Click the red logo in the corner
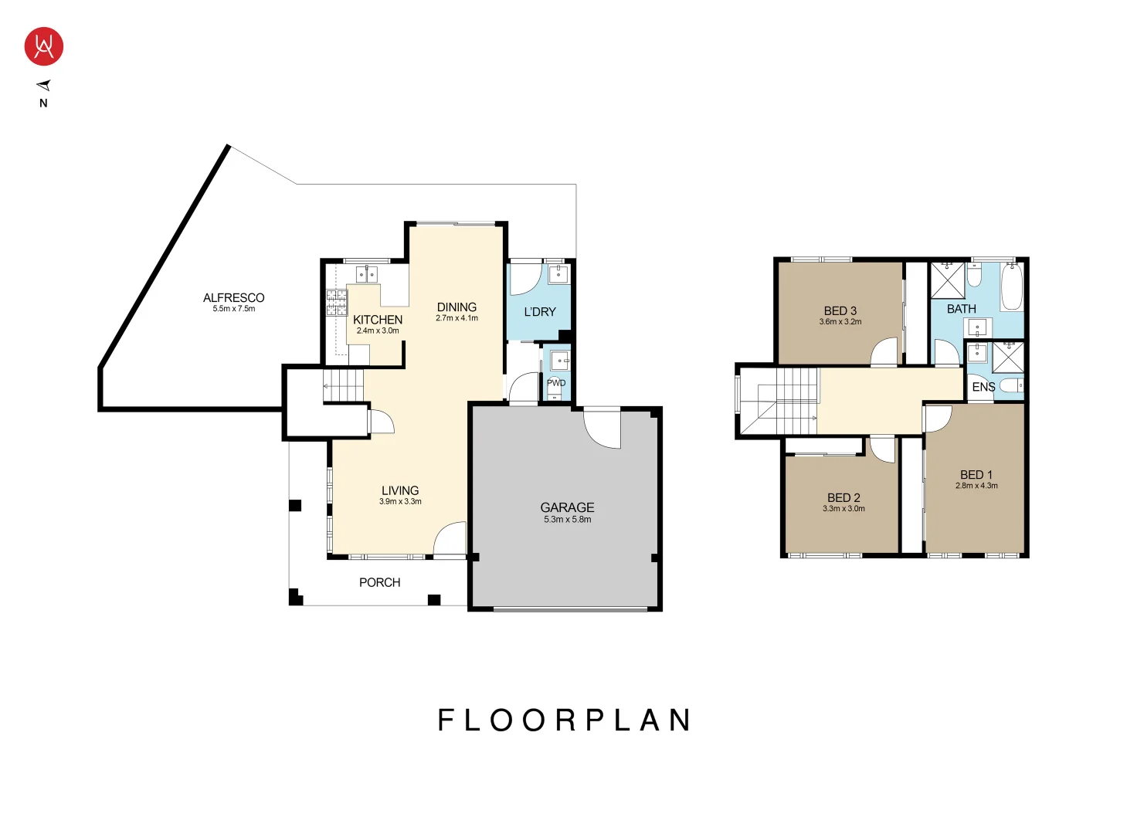click(43, 46)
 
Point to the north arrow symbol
click(44, 86)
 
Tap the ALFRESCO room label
click(233, 297)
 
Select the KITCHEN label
click(377, 319)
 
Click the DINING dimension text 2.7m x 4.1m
click(457, 318)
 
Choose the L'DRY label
click(540, 312)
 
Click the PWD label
click(556, 383)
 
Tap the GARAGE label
click(567, 507)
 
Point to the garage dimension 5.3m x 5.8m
click(567, 520)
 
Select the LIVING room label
click(400, 490)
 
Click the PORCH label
click(379, 582)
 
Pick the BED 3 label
click(840, 310)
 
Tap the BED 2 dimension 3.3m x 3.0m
click(844, 509)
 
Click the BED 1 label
click(976, 474)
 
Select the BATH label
click(961, 309)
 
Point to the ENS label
click(983, 387)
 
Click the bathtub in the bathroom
click(1011, 286)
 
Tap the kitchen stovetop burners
click(336, 303)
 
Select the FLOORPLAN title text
click(564, 720)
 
